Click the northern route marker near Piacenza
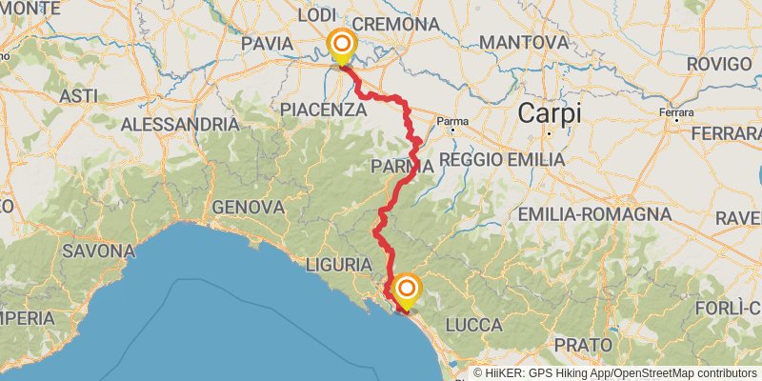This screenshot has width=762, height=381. point(340,45)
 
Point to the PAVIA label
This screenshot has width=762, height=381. point(267,44)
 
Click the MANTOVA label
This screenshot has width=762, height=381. point(524,43)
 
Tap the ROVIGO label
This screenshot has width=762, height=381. point(718,64)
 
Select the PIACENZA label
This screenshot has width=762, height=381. point(324,110)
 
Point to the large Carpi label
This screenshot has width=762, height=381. point(549,114)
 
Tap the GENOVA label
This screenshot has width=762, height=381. point(250,207)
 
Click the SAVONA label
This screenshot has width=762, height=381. point(98,251)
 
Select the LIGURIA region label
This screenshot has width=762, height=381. point(340,263)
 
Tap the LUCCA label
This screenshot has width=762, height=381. point(472,326)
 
